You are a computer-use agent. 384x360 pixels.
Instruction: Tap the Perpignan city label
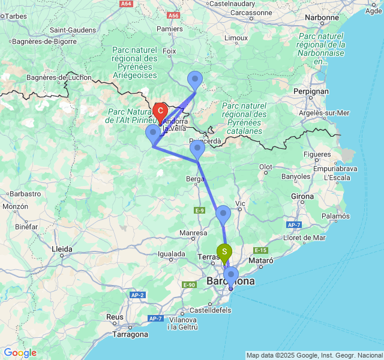(x=311, y=91)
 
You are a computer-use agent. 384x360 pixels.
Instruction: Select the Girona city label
(x=302, y=196)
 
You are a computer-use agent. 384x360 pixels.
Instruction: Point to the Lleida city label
(x=62, y=248)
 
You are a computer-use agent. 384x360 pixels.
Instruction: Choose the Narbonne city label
(x=322, y=17)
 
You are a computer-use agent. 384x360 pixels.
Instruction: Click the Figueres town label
(x=317, y=155)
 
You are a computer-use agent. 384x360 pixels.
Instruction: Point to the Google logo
(x=20, y=353)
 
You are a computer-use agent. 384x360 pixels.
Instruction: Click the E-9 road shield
(x=200, y=210)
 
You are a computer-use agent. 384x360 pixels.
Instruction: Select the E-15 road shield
(x=260, y=250)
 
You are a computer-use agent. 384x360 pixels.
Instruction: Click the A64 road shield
(x=125, y=4)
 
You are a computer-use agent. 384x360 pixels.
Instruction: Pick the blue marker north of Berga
(x=197, y=149)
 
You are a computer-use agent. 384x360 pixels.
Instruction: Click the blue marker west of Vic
(x=223, y=214)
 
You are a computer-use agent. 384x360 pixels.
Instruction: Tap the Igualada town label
(x=171, y=254)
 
